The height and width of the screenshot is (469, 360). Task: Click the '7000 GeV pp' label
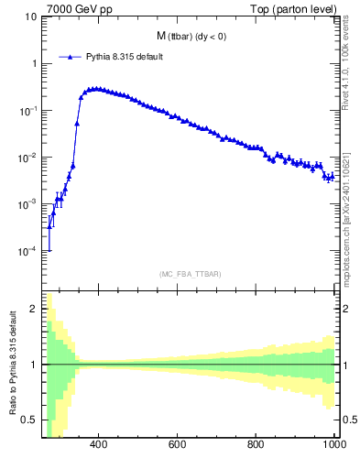click(73, 9)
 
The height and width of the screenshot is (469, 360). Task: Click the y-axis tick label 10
click(31, 16)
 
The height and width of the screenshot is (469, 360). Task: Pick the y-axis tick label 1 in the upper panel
click(35, 63)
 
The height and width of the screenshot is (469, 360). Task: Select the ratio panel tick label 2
click(35, 310)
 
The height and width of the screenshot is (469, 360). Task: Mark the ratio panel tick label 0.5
click(31, 420)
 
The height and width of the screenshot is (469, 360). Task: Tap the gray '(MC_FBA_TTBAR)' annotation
click(191, 274)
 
